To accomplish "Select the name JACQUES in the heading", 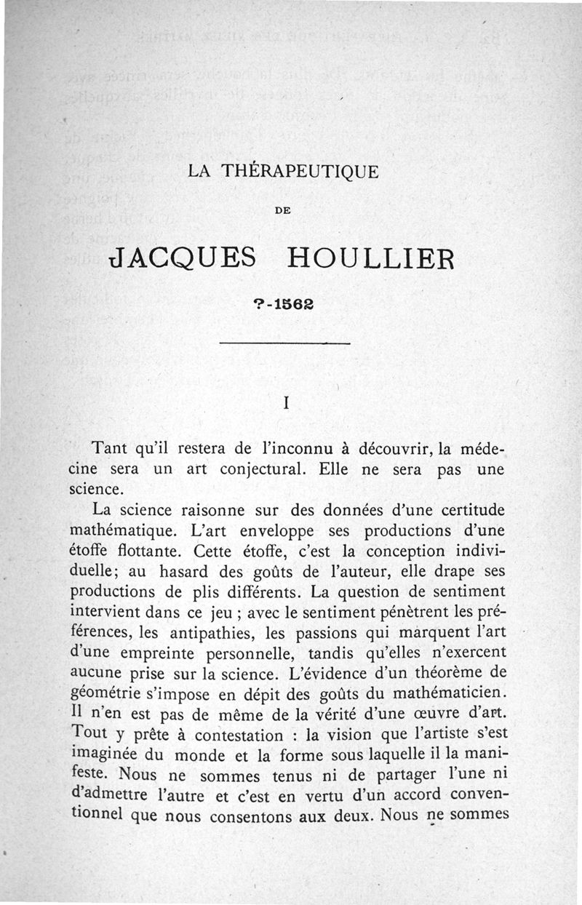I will coord(181,258).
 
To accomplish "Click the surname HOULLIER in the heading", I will coord(371,258).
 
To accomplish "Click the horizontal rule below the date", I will coord(284,342).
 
